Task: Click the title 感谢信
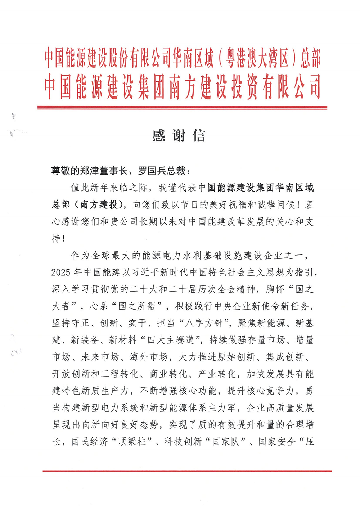coord(179,136)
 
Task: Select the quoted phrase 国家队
coord(226,442)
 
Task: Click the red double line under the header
coord(182,107)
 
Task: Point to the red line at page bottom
coord(187,470)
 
